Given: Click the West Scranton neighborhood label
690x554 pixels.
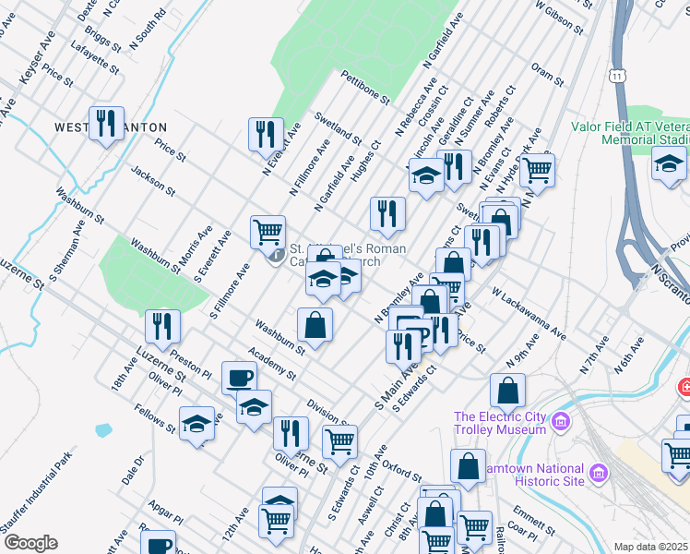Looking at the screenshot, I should point(111,126).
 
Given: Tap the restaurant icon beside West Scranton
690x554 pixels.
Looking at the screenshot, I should point(107,123).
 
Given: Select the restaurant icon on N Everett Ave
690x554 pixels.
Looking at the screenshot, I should point(265,133).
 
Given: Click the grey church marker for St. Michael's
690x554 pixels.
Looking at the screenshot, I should point(277,255).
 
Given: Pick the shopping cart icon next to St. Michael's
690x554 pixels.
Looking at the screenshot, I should point(268,231).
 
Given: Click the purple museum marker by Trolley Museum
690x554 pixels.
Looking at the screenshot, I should point(559,424).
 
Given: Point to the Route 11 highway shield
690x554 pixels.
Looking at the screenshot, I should point(615,74).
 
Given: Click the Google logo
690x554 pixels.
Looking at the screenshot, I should point(30,543).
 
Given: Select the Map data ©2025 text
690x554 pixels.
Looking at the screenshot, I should point(651,547).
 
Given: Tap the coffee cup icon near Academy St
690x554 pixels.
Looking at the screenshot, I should point(239,377).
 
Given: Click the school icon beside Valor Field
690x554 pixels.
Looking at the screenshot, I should point(669,164).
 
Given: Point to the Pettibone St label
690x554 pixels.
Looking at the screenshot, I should point(365,86).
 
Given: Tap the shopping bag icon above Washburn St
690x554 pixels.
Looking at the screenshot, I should point(315,324).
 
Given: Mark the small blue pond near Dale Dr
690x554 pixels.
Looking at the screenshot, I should point(102,430).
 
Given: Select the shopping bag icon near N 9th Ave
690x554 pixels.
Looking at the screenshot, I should point(507,390).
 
